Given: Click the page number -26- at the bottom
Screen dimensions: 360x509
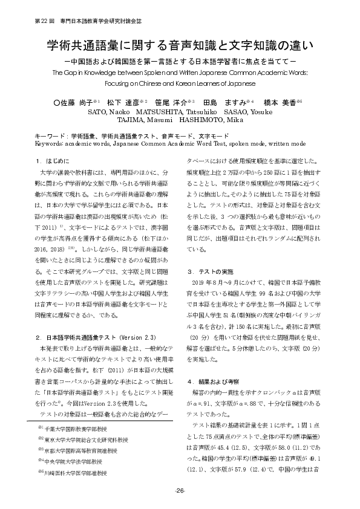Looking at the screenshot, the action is point(180,490).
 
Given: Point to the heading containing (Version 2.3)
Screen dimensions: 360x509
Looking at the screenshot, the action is point(88,336).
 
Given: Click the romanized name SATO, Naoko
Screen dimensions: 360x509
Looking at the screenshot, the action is point(110,112).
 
